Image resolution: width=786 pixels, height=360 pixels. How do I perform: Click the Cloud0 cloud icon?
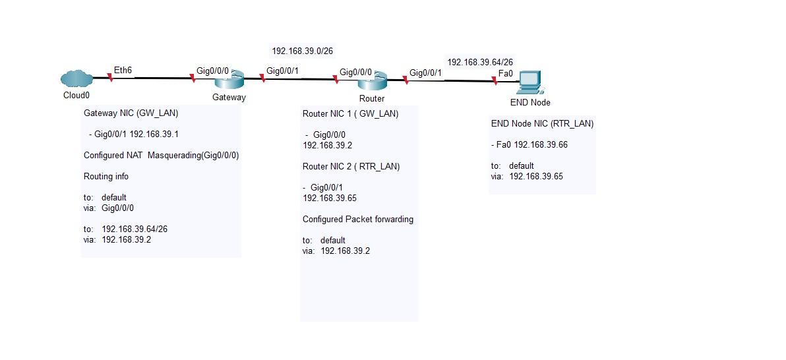click(x=76, y=79)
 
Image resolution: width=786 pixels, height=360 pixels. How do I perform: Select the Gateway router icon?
click(x=229, y=81)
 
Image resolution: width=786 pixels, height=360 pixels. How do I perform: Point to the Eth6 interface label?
click(x=123, y=69)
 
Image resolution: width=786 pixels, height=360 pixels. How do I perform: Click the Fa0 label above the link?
click(x=505, y=73)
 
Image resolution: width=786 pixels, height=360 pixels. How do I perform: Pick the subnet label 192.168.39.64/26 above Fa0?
click(x=480, y=62)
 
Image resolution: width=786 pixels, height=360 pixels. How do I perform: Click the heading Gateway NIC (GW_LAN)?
click(x=131, y=113)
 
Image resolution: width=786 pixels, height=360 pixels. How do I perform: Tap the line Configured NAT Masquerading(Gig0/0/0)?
click(x=161, y=156)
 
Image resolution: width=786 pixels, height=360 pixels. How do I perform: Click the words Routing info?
click(x=106, y=177)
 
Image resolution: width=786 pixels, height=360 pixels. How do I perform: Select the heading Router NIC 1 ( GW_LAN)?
click(x=350, y=113)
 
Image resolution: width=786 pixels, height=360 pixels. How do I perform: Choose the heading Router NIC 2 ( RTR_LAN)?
click(x=351, y=166)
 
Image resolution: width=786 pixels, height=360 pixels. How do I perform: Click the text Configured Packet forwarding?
click(x=358, y=219)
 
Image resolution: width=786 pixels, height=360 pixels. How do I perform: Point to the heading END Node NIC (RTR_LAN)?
click(x=542, y=123)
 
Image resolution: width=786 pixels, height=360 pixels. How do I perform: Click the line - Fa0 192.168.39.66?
click(x=529, y=144)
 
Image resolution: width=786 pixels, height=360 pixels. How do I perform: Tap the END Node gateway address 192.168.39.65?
click(x=536, y=176)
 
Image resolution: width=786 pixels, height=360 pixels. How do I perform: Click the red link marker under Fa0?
click(x=495, y=81)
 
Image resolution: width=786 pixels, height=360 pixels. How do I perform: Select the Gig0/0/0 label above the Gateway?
click(x=213, y=71)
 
